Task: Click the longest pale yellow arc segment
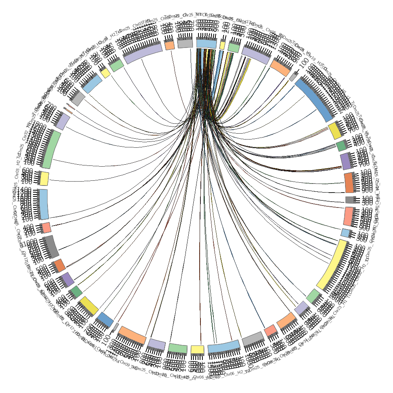pos(332,265)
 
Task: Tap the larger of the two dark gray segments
pos(50,246)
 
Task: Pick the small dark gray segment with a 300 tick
pos(350,200)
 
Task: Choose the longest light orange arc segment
pos(132,334)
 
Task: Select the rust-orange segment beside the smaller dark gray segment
pos(349,182)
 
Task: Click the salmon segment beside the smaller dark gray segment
pos(349,216)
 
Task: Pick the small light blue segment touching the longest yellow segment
pos(345,233)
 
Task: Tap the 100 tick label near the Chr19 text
pos(303,63)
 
